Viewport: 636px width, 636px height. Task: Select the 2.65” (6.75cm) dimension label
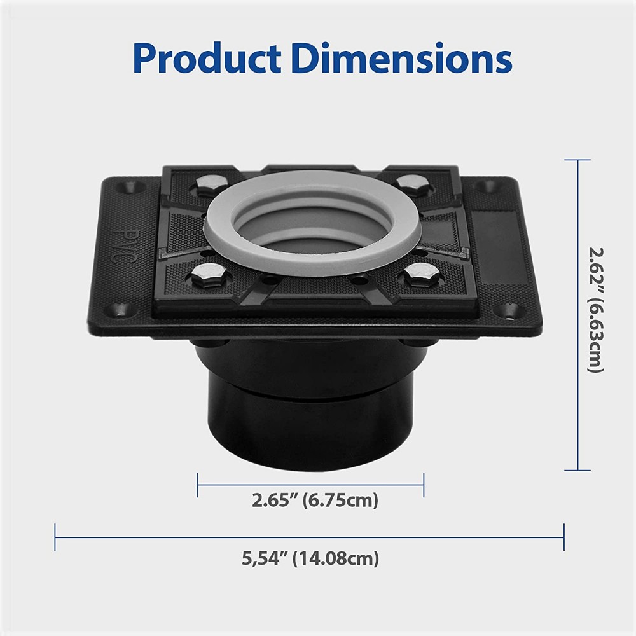click(315, 501)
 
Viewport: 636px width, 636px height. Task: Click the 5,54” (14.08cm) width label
click(310, 559)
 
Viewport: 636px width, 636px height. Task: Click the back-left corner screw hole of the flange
click(135, 187)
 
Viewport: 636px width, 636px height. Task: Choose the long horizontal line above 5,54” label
click(310, 537)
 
